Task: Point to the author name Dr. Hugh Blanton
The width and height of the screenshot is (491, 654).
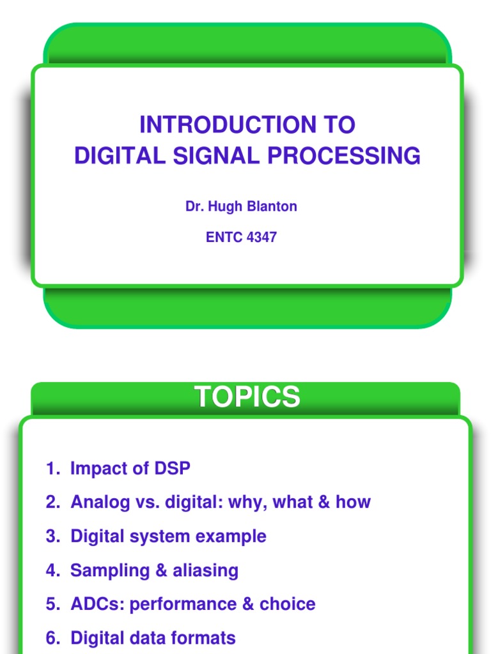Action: [x=241, y=207]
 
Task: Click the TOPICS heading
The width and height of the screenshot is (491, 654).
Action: [x=247, y=397]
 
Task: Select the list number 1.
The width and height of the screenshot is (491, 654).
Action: [x=51, y=468]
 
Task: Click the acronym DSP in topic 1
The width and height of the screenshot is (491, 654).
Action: [x=172, y=468]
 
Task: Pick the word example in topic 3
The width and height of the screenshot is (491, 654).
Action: [x=231, y=536]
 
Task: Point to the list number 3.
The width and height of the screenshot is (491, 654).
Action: [x=51, y=536]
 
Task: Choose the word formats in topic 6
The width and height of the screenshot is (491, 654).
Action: [x=203, y=638]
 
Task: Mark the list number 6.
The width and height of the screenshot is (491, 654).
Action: [x=51, y=638]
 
